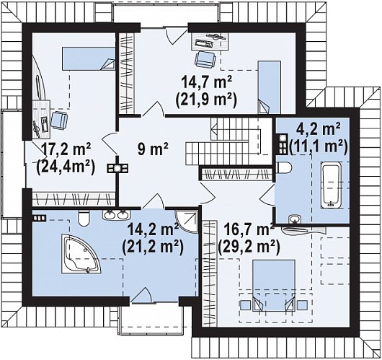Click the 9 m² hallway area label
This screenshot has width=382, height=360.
click(153, 149)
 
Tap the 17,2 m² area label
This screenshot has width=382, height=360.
click(66, 149)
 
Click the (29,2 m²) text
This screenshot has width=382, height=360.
click(249, 246)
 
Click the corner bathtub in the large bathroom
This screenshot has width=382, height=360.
click(81, 254)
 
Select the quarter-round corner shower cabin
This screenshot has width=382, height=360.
click(187, 221)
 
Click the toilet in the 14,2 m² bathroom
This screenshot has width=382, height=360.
click(84, 218)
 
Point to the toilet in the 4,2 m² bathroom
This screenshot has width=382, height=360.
click(284, 167)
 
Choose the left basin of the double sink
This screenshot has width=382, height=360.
click(109, 215)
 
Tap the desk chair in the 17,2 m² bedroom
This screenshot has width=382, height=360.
click(59, 120)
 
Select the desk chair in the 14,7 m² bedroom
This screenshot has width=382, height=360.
click(205, 58)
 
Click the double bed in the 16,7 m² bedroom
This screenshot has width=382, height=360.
click(274, 286)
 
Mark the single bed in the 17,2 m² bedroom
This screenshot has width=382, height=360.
click(89, 58)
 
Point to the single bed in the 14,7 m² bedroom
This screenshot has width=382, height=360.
click(269, 87)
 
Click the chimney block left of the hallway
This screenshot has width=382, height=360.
click(118, 169)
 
